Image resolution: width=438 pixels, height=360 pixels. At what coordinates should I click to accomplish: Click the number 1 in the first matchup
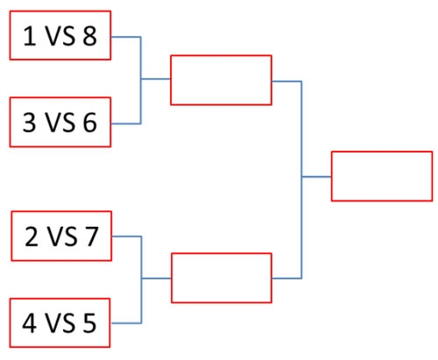tap(30, 36)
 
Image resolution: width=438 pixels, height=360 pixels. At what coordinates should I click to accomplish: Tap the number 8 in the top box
tap(89, 36)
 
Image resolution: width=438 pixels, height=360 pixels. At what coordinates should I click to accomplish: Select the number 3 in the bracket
tap(29, 123)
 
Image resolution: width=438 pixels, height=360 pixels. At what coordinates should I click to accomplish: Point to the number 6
tap(89, 123)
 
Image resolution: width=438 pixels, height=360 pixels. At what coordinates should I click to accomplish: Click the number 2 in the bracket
tap(32, 236)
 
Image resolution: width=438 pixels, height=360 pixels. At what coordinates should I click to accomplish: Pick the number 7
tap(91, 236)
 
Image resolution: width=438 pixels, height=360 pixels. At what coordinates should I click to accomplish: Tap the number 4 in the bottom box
tap(30, 323)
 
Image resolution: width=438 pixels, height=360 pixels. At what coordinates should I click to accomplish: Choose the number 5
tap(89, 323)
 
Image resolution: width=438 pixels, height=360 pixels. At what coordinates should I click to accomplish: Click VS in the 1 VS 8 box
tap(60, 36)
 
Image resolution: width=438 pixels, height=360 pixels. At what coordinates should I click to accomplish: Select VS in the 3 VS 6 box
tap(60, 123)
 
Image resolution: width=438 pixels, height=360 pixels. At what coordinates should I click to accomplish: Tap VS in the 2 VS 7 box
tap(62, 236)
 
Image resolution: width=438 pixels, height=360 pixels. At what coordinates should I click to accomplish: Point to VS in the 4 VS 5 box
tap(60, 323)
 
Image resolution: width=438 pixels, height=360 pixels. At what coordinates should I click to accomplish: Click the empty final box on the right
tap(382, 152)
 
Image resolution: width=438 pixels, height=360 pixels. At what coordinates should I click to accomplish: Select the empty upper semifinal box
tap(221, 55)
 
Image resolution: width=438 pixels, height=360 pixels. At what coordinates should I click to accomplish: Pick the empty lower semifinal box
tap(222, 253)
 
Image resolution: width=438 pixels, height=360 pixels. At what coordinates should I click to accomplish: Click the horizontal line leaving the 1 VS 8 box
tap(126, 37)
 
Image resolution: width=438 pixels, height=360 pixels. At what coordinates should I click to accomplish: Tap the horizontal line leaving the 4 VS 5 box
tap(126, 323)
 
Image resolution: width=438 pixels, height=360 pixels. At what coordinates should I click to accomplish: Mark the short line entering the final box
tap(316, 177)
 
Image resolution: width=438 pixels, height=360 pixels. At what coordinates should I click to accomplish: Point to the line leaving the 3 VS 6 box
tap(126, 124)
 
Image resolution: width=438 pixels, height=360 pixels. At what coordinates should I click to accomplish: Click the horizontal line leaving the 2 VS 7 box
tap(127, 236)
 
